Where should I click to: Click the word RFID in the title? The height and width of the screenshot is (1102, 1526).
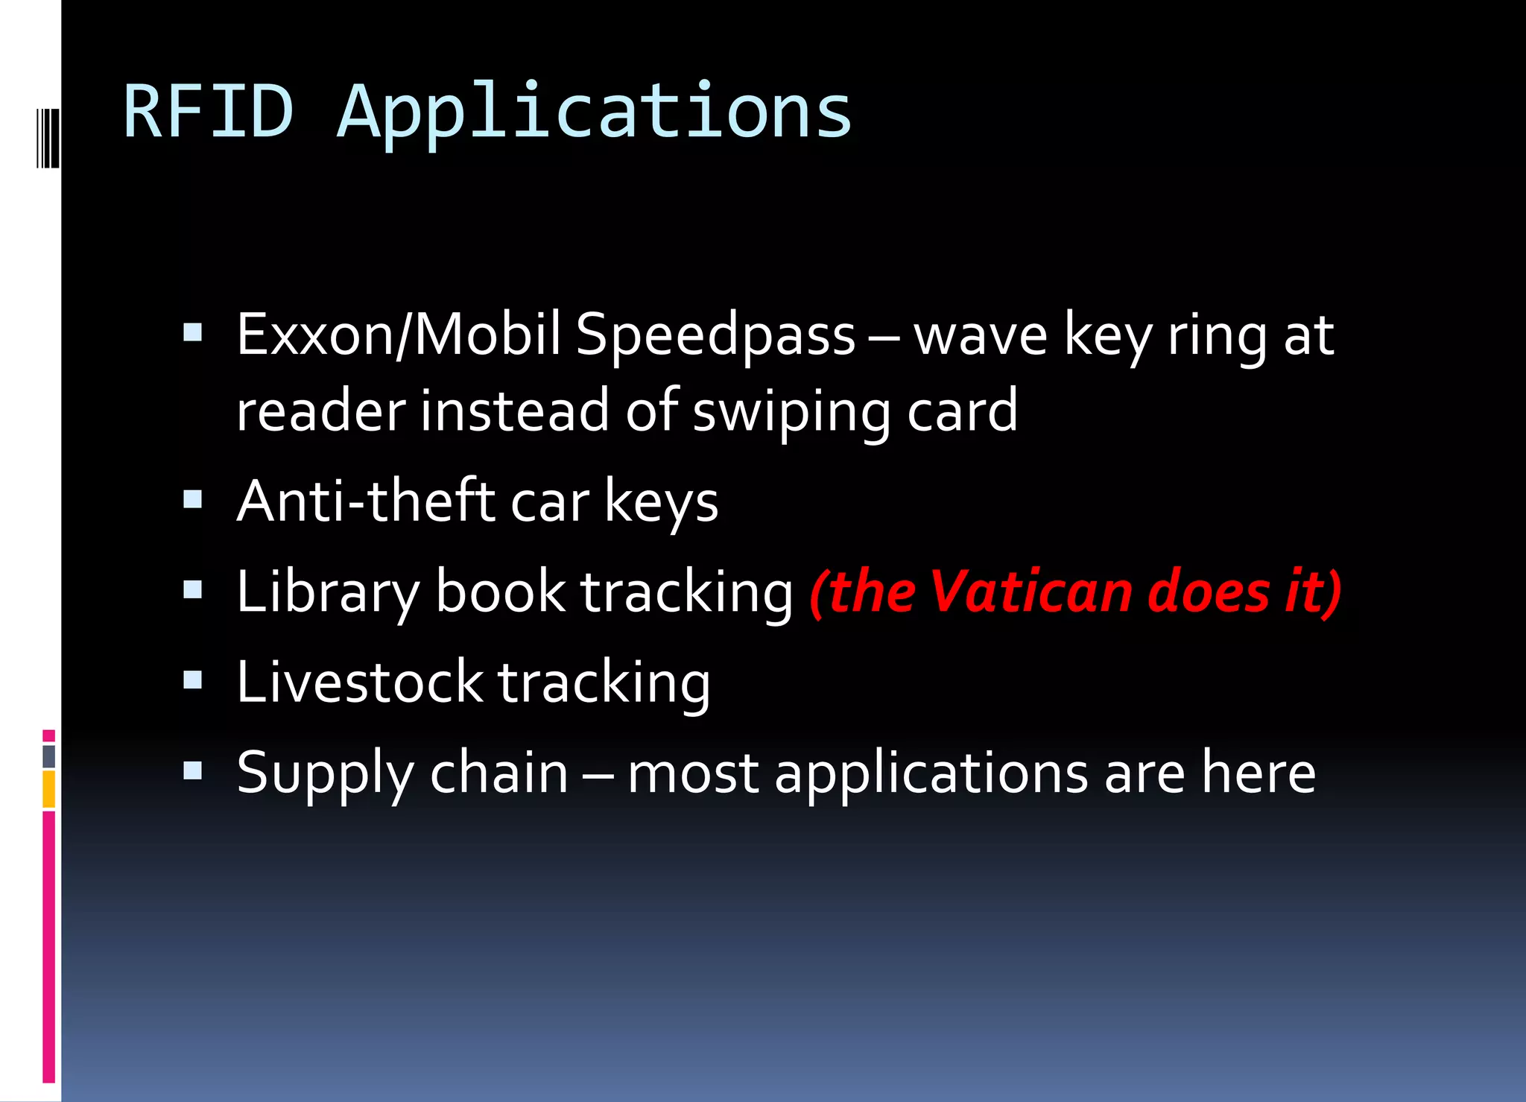pos(209,112)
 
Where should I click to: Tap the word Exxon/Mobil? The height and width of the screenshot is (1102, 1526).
pos(399,335)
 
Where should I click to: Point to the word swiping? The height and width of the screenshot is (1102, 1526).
pos(791,412)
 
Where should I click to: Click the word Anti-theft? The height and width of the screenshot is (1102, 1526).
pos(366,501)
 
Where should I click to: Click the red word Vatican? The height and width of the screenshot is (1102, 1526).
pos(1031,592)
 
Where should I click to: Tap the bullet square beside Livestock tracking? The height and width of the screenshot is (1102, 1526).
pos(193,680)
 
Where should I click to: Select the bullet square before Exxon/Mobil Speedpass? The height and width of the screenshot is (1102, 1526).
pos(193,332)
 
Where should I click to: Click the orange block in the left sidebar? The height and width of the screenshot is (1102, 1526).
pos(48,789)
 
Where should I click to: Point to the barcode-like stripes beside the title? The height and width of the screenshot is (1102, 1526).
pos(47,138)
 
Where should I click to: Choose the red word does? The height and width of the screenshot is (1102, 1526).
pos(1209,592)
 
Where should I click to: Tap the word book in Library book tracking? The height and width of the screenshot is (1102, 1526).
pos(500,592)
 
